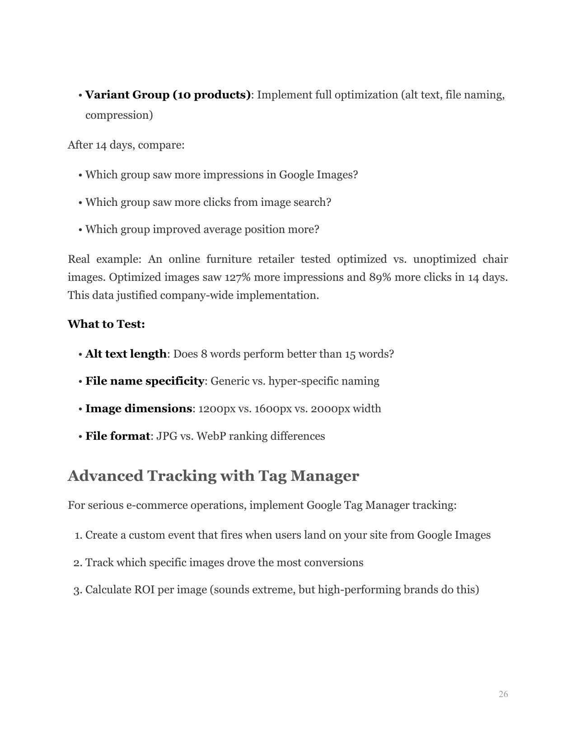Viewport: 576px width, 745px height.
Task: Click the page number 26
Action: click(x=503, y=694)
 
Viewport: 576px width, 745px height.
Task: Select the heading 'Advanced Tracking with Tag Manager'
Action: click(x=213, y=476)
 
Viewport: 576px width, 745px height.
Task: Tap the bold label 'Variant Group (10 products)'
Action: click(x=168, y=95)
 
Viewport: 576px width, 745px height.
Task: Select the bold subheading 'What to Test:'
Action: click(x=106, y=324)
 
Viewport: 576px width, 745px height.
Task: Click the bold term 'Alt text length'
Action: click(x=126, y=354)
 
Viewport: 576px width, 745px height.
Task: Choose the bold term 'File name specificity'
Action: click(x=145, y=381)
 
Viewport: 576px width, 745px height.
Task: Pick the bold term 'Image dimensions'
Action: click(x=139, y=409)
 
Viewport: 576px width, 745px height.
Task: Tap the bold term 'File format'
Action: click(x=117, y=436)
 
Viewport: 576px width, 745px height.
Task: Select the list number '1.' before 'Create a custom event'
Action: click(x=78, y=535)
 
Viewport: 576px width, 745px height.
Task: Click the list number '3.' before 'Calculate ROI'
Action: click(x=77, y=590)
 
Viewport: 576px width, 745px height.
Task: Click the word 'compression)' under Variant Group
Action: click(x=119, y=115)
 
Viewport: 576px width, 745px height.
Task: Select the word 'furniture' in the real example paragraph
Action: click(x=229, y=259)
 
